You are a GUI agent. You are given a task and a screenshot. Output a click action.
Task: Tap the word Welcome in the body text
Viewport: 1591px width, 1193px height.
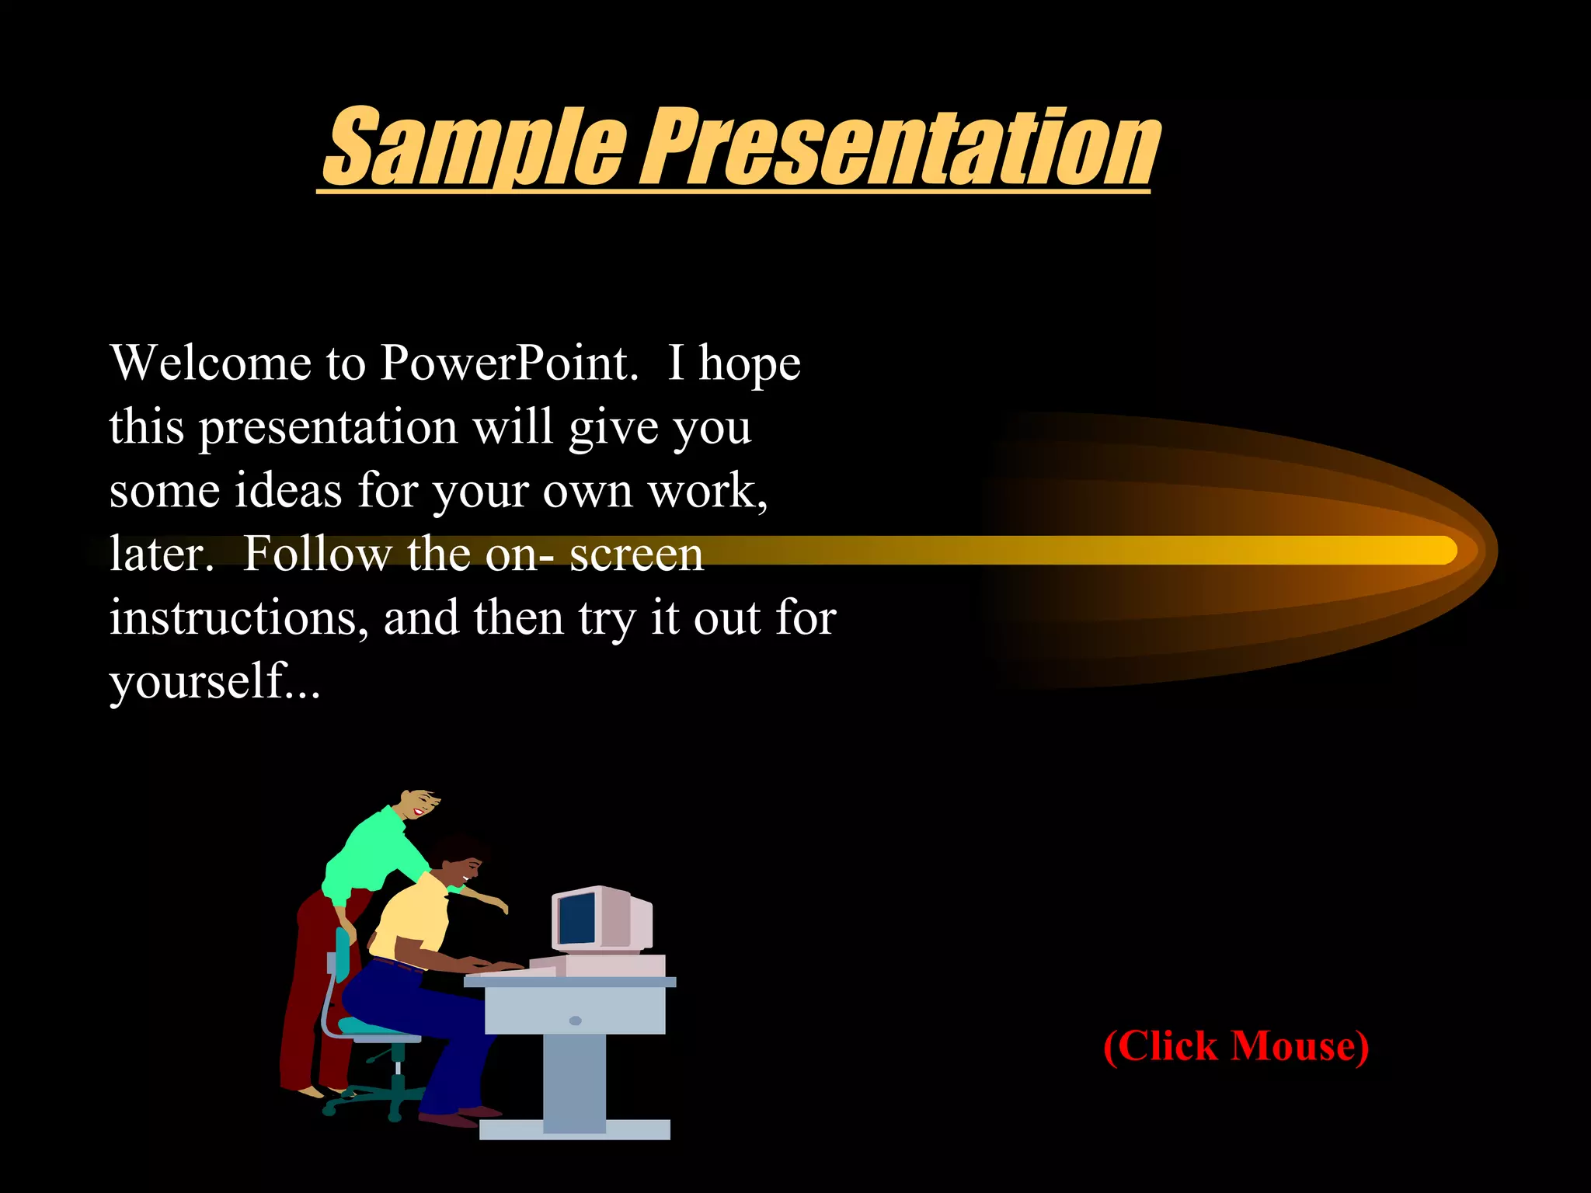(x=211, y=363)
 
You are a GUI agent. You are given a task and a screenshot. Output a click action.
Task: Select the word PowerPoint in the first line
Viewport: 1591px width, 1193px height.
(x=508, y=363)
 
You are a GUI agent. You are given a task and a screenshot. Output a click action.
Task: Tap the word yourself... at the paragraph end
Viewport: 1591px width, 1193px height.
(x=214, y=682)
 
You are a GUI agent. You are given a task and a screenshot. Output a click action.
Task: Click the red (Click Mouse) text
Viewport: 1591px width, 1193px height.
(x=1236, y=1046)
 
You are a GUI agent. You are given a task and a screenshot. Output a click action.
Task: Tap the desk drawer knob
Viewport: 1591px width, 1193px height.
(x=575, y=1021)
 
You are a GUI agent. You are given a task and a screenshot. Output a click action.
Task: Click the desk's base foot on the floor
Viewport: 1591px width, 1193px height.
(x=575, y=1129)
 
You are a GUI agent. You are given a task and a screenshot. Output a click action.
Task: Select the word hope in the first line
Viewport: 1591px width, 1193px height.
(x=750, y=363)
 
